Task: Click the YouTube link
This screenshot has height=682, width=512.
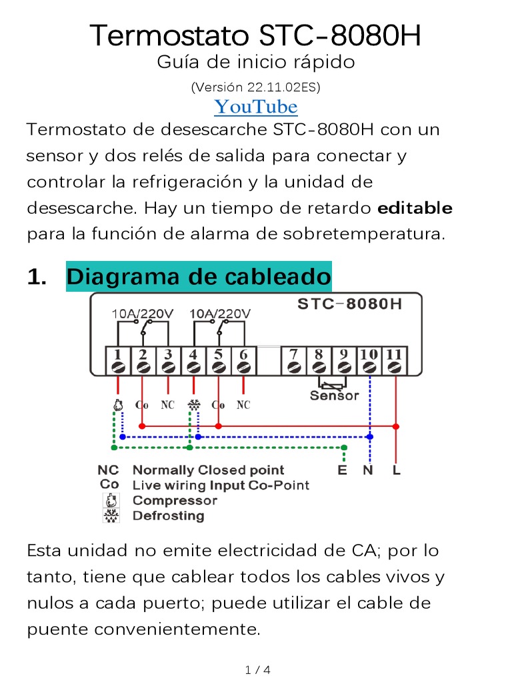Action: [255, 107]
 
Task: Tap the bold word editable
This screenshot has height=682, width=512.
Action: [415, 208]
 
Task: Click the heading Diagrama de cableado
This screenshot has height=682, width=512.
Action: [198, 276]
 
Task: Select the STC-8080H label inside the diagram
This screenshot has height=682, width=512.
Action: [349, 304]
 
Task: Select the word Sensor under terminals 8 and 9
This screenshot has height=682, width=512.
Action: [334, 396]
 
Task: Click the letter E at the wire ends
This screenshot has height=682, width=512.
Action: [343, 471]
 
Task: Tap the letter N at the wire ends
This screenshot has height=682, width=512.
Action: [368, 471]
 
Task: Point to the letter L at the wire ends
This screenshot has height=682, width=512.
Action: [397, 471]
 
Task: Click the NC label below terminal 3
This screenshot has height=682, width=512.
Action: [168, 405]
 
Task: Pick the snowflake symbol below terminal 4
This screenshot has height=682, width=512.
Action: [194, 405]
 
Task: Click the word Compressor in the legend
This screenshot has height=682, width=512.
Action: [175, 500]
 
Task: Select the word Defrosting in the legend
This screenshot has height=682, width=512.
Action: [168, 515]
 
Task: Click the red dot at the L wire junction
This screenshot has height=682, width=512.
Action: [396, 426]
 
